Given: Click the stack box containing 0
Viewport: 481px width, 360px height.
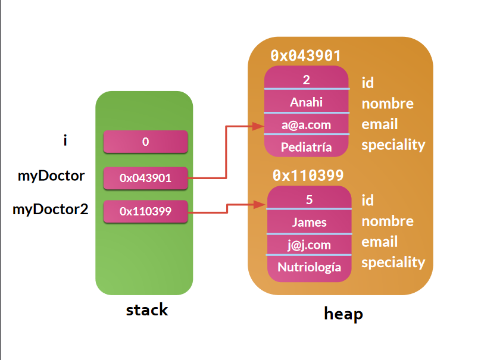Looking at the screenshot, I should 145,142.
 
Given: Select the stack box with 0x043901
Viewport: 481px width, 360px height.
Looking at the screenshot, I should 145,177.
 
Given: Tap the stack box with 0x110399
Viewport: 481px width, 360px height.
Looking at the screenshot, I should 145,211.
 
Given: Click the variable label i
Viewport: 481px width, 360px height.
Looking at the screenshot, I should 65,140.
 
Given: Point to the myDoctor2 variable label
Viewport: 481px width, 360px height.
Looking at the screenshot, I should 51,209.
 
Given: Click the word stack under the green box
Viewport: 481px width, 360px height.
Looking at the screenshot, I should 146,310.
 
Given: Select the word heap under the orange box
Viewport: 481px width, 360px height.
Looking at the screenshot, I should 343,314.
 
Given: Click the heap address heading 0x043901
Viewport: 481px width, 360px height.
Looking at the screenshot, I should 305,56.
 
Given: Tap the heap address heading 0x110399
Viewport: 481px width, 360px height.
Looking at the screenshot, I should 308,176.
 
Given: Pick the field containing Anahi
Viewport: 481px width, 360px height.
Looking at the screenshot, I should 306,102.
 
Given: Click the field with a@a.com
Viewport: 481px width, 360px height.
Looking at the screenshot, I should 306,124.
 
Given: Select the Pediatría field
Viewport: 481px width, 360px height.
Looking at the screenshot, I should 306,146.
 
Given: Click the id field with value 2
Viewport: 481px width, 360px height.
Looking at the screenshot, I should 306,79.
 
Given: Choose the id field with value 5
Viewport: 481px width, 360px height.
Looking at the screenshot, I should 309,199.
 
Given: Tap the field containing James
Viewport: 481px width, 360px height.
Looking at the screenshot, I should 309,222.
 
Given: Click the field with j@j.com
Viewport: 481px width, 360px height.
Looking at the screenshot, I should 309,245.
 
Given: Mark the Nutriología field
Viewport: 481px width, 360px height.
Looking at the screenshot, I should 309,267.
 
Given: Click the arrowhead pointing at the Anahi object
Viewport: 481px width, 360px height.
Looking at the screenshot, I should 258,126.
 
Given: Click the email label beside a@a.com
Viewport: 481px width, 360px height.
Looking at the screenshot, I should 380,124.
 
